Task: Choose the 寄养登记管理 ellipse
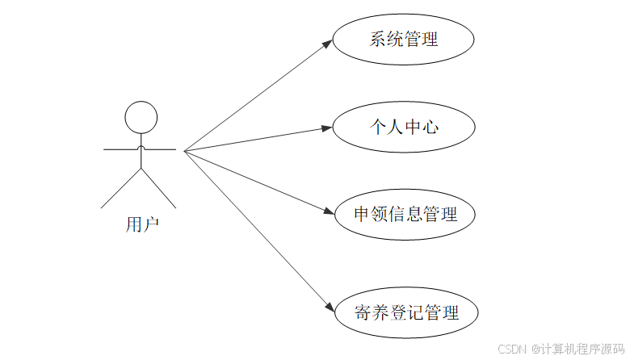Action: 406,313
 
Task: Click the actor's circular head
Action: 141,117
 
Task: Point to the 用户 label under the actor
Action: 142,224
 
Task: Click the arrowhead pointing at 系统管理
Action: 327,43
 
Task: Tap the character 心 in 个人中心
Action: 430,127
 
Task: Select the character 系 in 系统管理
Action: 378,39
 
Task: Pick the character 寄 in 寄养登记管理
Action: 363,313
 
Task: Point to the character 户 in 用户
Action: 151,224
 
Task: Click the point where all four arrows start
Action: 185,150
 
